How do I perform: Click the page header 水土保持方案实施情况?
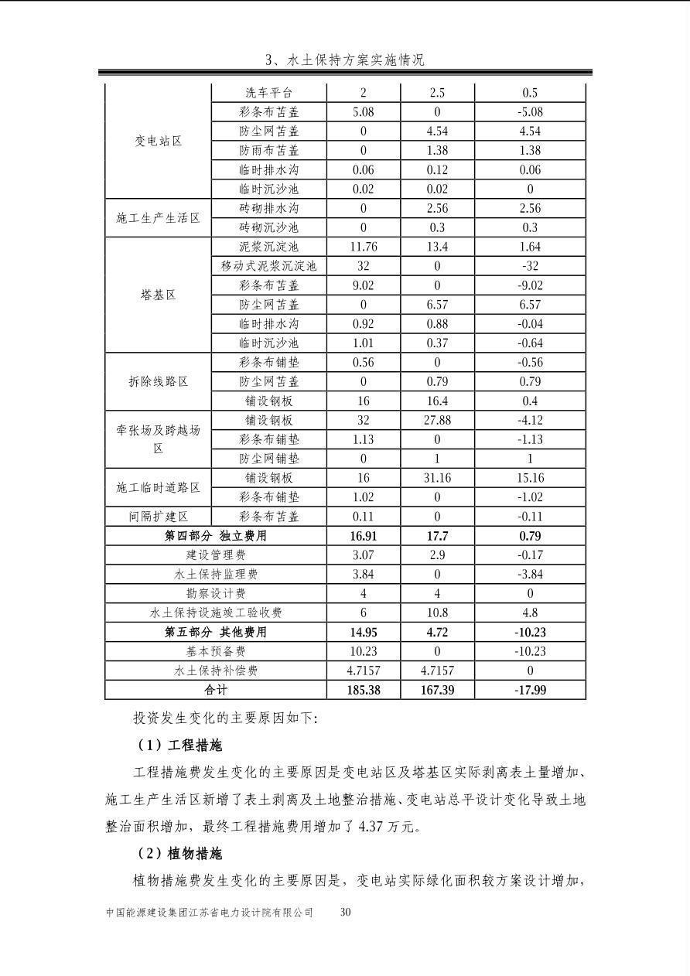click(x=345, y=60)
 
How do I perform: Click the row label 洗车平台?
click(x=268, y=93)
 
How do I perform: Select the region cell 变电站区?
click(x=158, y=141)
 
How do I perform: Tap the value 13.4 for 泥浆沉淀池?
click(x=437, y=247)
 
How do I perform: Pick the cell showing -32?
click(x=530, y=266)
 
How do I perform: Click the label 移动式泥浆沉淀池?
click(x=268, y=266)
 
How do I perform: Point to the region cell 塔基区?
click(x=158, y=295)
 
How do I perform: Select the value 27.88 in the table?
click(x=437, y=420)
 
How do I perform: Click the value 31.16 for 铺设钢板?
click(x=437, y=478)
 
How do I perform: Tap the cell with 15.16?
click(x=530, y=478)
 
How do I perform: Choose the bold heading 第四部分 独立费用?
click(x=216, y=536)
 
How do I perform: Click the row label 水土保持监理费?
click(x=216, y=574)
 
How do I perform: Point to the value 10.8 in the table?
click(x=437, y=613)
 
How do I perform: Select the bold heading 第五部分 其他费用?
click(x=216, y=632)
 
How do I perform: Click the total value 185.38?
click(x=364, y=690)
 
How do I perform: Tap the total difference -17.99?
click(x=530, y=690)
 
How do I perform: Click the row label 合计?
click(x=216, y=690)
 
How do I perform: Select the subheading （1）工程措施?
click(x=179, y=746)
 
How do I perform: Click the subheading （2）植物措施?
click(x=179, y=854)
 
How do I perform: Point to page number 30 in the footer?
click(x=346, y=913)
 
